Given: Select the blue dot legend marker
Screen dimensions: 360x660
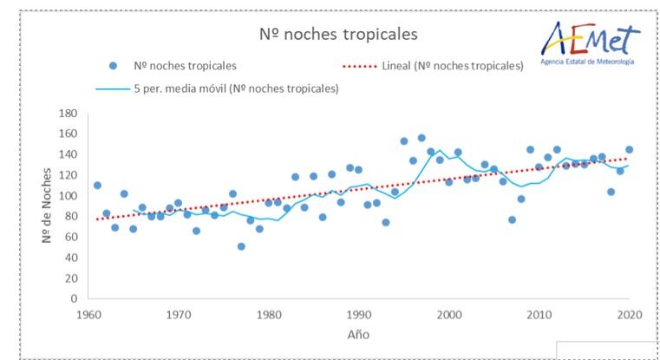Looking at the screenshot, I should [113, 66].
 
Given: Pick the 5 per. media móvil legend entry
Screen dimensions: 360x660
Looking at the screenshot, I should [217, 88].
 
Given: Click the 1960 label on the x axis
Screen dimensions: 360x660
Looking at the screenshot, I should [89, 314].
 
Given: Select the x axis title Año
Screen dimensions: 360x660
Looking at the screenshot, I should [357, 333].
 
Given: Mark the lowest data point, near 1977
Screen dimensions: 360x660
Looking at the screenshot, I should [241, 246].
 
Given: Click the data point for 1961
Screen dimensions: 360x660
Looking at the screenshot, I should [97, 186].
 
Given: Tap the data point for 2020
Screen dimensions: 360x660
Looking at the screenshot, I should [629, 149].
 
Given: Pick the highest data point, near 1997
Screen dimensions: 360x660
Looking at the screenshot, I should [421, 138].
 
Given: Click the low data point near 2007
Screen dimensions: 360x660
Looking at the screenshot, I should [512, 219].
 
